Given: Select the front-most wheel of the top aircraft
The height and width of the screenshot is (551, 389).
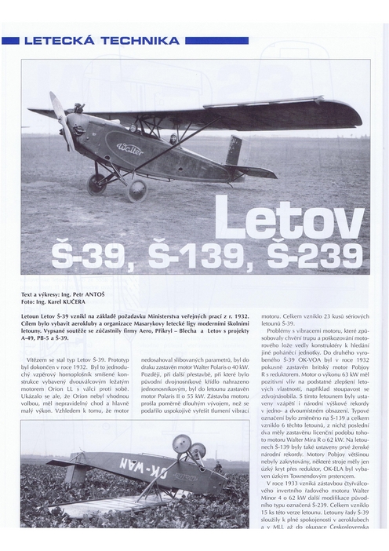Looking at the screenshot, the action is (x=136, y=189).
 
